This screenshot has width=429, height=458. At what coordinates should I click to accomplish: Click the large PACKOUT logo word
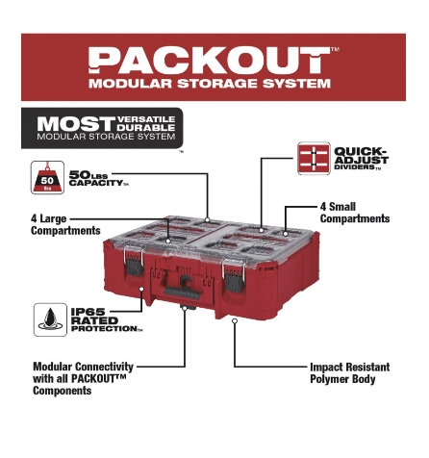click(x=209, y=61)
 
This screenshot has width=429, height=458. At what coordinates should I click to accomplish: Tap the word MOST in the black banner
click(x=76, y=124)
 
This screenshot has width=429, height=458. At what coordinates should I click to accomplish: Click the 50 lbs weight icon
click(x=47, y=177)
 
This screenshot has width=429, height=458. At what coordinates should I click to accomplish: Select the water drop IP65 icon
click(x=50, y=319)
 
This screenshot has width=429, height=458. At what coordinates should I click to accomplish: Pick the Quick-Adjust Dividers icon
click(x=314, y=159)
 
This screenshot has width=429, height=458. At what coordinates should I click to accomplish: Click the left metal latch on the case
click(x=134, y=261)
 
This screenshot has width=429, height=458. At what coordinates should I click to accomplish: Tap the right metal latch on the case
click(x=234, y=275)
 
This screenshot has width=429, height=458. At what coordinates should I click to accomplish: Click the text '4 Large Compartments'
click(x=65, y=225)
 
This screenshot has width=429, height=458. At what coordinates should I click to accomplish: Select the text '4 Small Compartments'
click(x=355, y=213)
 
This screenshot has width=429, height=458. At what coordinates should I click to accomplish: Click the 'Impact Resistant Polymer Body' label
click(x=350, y=373)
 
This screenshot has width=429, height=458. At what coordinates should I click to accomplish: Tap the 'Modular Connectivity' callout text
click(x=83, y=378)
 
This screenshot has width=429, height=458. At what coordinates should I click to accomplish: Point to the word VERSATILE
click(x=146, y=119)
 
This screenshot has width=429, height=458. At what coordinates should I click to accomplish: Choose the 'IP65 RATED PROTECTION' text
click(x=107, y=320)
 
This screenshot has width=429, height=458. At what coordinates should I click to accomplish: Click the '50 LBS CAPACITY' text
click(x=98, y=179)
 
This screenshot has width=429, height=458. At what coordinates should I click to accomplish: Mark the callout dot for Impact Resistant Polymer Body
click(x=235, y=320)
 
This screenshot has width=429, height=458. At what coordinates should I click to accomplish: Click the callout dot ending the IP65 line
click(x=141, y=289)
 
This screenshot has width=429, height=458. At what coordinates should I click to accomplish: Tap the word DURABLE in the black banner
click(x=146, y=128)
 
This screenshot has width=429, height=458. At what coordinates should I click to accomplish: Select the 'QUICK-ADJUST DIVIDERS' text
click(x=361, y=159)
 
